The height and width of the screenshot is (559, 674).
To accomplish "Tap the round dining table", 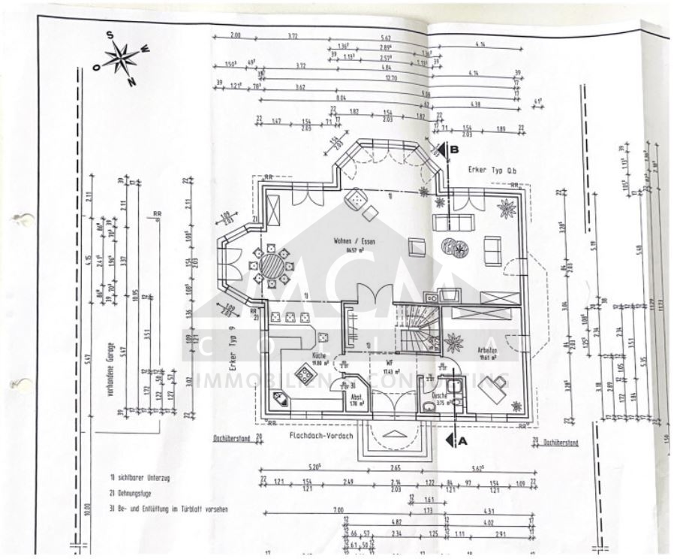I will [272, 264].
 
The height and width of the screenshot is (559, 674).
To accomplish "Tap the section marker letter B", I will [454, 149].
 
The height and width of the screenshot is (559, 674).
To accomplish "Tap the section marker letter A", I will [462, 441].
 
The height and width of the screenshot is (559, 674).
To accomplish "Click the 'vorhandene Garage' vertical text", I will [118, 382].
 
